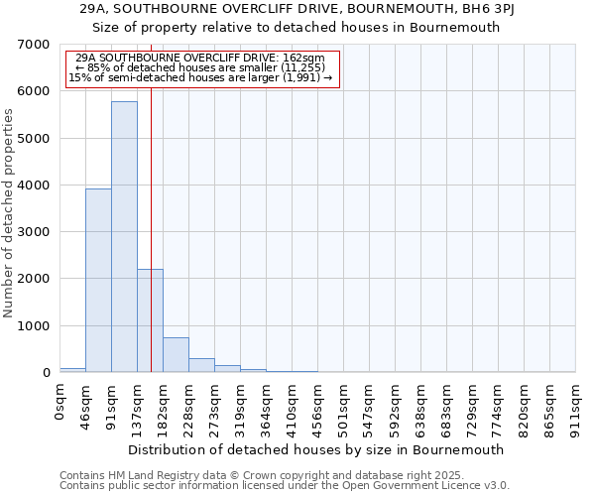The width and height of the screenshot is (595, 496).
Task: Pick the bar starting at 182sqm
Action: click(176, 355)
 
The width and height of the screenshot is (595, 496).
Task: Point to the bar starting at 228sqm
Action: click(201, 365)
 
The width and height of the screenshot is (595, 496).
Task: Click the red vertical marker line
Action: click(151, 198)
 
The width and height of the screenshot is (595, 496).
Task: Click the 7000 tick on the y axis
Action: click(34, 45)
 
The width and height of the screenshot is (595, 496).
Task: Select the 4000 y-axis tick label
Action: click(34, 186)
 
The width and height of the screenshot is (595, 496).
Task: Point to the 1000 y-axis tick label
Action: click(34, 326)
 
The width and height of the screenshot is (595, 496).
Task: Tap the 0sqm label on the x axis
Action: click(60, 401)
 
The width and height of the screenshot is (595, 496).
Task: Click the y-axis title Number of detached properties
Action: click(9, 213)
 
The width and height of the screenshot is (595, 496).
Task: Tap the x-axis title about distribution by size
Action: click(317, 449)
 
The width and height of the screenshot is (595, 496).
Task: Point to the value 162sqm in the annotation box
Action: click(303, 59)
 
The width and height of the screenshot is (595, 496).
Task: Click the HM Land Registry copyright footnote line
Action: click(248, 476)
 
